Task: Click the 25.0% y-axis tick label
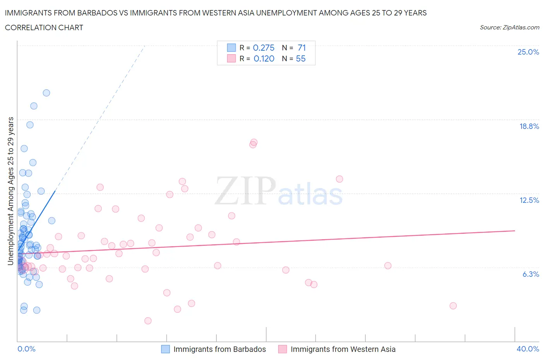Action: click(x=528, y=52)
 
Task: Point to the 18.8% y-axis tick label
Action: click(x=529, y=126)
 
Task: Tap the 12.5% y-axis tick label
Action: click(x=529, y=200)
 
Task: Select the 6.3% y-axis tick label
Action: click(x=530, y=274)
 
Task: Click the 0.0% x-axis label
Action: click(x=26, y=349)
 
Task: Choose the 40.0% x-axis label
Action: click(x=528, y=349)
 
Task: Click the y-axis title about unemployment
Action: click(x=11, y=191)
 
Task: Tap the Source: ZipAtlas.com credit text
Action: click(x=509, y=27)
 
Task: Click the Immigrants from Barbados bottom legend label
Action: click(x=219, y=349)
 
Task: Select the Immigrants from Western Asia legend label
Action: click(x=343, y=349)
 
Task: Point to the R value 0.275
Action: click(x=263, y=48)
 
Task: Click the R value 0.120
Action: click(x=264, y=58)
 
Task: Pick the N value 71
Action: click(x=302, y=48)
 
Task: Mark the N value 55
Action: click(x=301, y=58)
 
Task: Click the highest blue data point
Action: click(x=46, y=93)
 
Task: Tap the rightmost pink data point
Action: click(x=453, y=306)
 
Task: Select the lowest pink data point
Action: click(x=148, y=321)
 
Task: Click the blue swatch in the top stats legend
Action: click(x=231, y=48)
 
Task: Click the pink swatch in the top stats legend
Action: click(x=231, y=58)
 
